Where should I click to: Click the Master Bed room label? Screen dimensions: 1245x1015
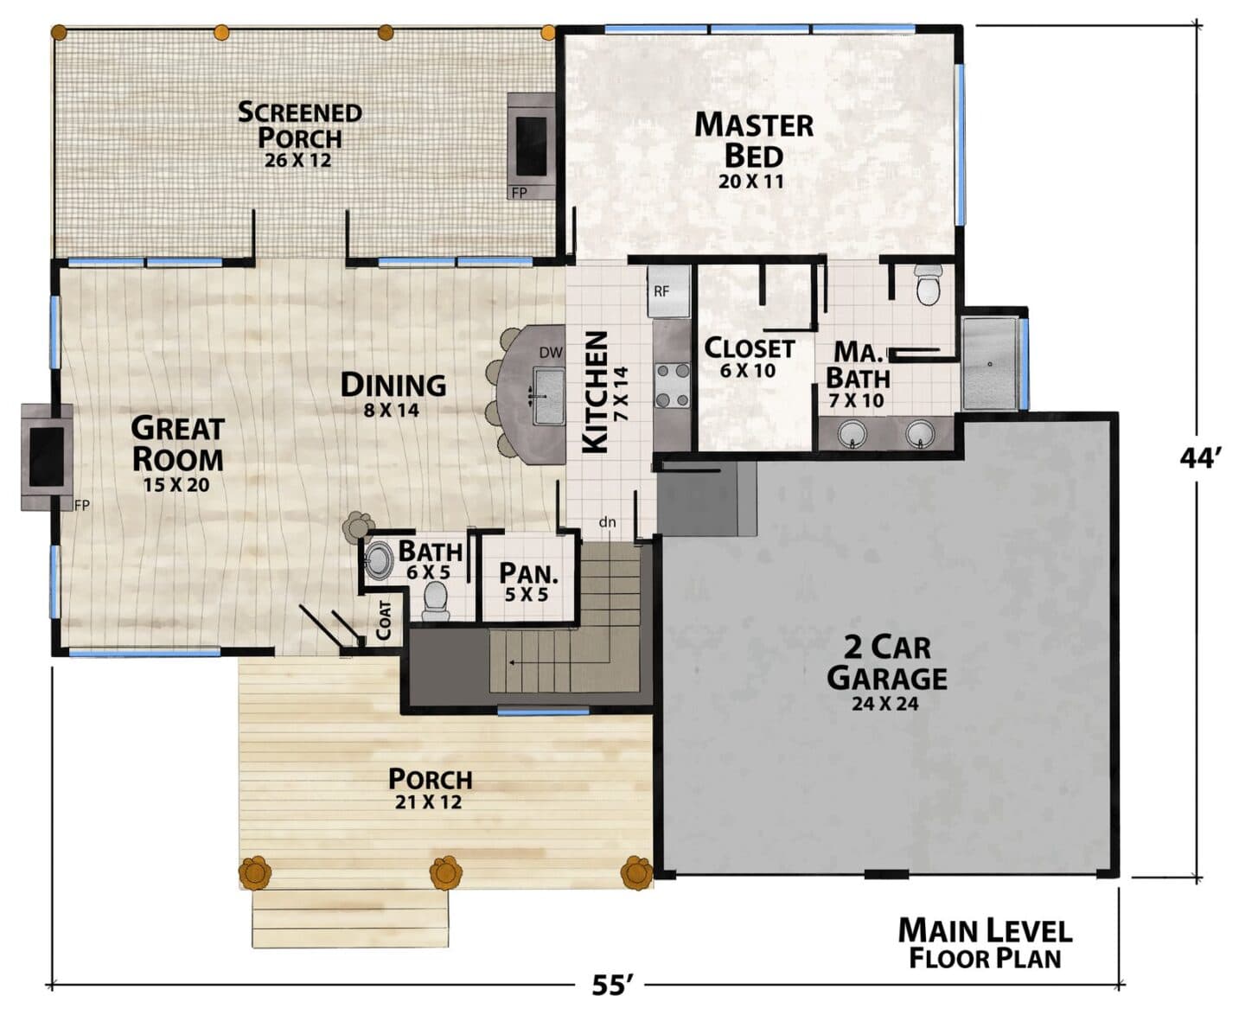(754, 141)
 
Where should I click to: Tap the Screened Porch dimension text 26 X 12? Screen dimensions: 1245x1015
(298, 160)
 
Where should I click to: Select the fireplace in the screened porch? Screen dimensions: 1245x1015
(531, 146)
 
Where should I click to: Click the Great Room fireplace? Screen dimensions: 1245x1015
(47, 457)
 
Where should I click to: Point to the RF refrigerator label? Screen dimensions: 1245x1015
(661, 291)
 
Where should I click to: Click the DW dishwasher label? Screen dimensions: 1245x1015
(551, 353)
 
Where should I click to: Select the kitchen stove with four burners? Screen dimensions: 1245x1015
(673, 386)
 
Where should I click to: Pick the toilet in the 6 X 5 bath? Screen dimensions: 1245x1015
(436, 601)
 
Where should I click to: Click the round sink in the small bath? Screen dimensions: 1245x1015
(378, 559)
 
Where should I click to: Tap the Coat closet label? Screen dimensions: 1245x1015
(384, 621)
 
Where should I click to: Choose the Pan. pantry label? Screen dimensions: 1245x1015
(528, 573)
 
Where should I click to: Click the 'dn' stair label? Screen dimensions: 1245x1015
(608, 522)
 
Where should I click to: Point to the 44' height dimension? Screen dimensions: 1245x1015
(1200, 458)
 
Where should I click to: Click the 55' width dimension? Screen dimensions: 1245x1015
(612, 986)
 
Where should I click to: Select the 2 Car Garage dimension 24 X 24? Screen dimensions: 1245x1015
(884, 704)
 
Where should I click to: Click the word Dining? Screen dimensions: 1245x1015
(393, 385)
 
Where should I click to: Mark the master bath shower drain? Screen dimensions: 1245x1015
(991, 364)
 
